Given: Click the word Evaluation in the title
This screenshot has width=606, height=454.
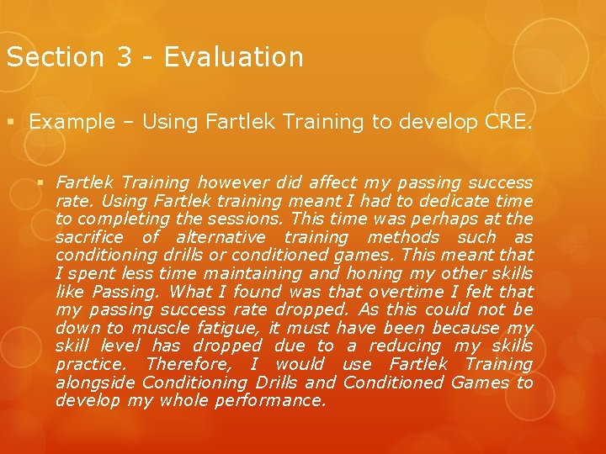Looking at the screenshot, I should point(233,57).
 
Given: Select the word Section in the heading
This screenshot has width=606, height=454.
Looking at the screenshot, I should point(52,57).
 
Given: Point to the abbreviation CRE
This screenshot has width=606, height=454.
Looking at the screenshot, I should point(509,122).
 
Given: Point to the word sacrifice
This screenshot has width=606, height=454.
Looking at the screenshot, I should point(89,238).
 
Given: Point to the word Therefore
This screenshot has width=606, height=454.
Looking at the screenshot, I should point(187,365).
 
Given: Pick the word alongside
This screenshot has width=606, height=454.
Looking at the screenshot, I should point(96,383).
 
